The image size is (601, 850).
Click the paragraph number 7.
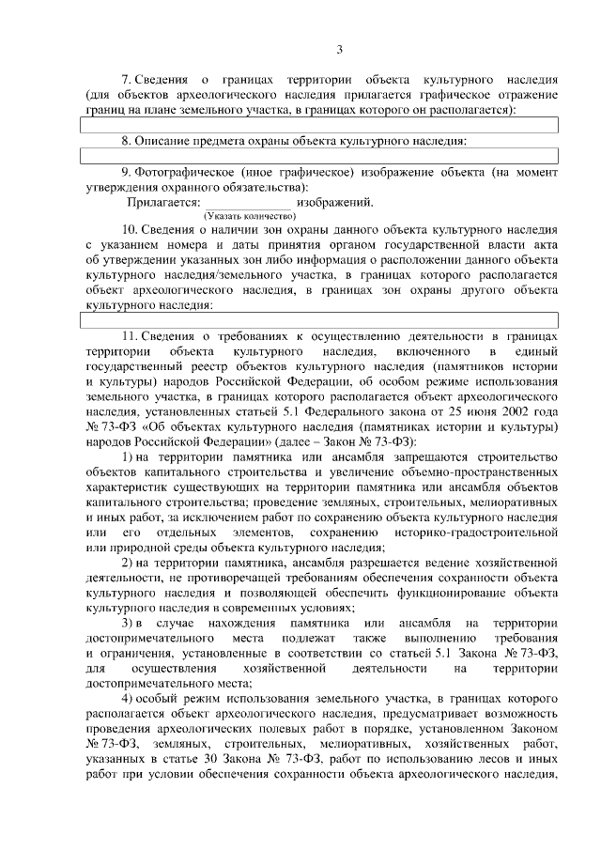tap(128, 80)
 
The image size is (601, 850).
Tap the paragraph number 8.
tap(127, 141)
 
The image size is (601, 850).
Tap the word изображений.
tap(334, 202)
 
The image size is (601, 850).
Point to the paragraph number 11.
tap(131, 335)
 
